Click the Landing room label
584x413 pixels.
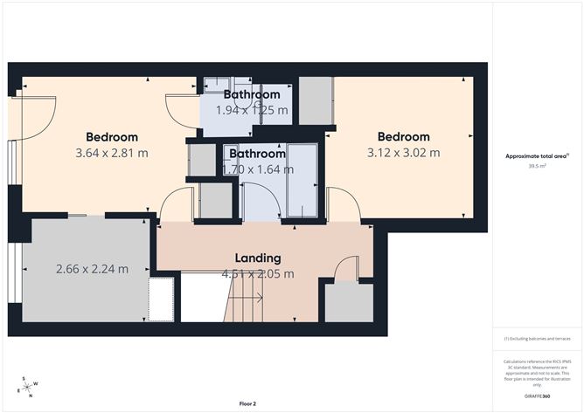coord(258,258)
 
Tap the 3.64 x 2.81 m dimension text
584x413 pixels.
coord(111,153)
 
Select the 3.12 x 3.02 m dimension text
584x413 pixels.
coord(403,153)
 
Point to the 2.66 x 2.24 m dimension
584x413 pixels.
coord(91,269)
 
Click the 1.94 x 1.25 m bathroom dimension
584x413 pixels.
coord(251,110)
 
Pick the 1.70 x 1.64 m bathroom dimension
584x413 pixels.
coord(258,169)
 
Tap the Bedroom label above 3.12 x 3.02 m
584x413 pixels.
coord(403,137)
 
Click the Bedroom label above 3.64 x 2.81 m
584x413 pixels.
coord(111,137)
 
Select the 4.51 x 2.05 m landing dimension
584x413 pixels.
coord(257,273)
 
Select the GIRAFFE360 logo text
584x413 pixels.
coord(537,395)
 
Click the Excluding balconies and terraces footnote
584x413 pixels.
coord(537,338)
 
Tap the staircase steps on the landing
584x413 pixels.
coord(248,297)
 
